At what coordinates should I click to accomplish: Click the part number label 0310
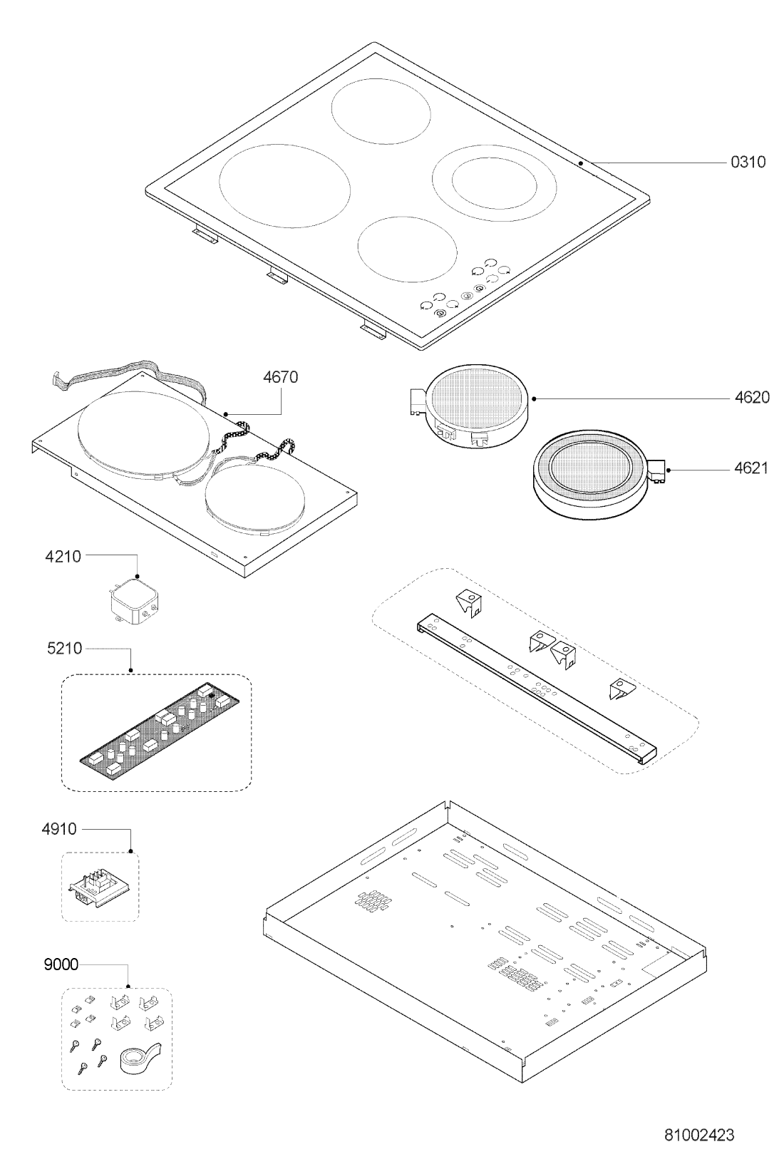coord(748,162)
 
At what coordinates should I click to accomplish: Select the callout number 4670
coord(280,377)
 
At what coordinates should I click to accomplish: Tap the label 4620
coord(752,398)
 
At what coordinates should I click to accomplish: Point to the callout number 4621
coord(751,468)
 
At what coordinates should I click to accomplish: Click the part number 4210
coord(63,557)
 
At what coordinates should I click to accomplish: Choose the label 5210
coord(64,649)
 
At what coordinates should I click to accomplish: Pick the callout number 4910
coord(58,829)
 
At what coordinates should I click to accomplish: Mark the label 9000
coord(61,964)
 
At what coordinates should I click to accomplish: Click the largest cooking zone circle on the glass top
coord(284,186)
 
